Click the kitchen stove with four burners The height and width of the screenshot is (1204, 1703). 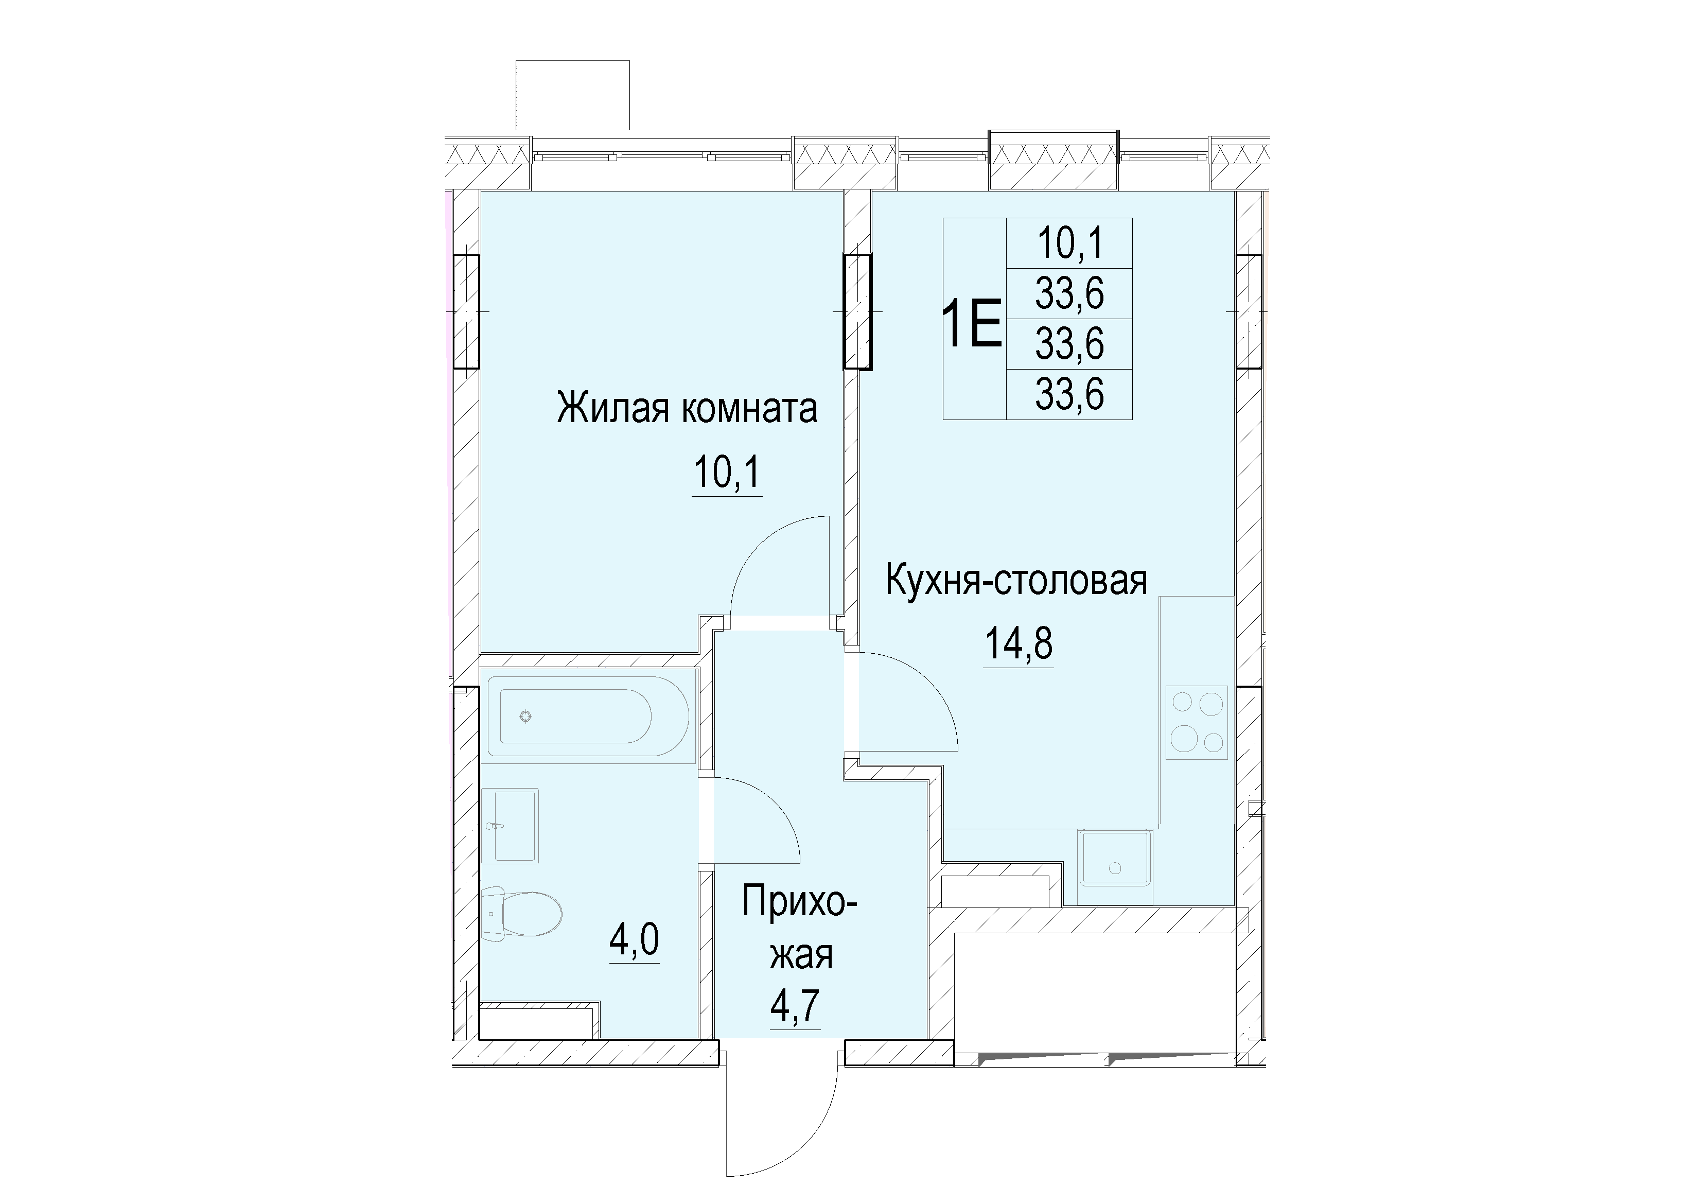[1197, 723]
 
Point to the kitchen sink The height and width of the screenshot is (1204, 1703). [1115, 858]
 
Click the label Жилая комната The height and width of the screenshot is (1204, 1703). [687, 410]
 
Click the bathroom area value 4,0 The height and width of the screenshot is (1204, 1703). [115, 941]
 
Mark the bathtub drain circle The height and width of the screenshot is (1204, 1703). [526, 716]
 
